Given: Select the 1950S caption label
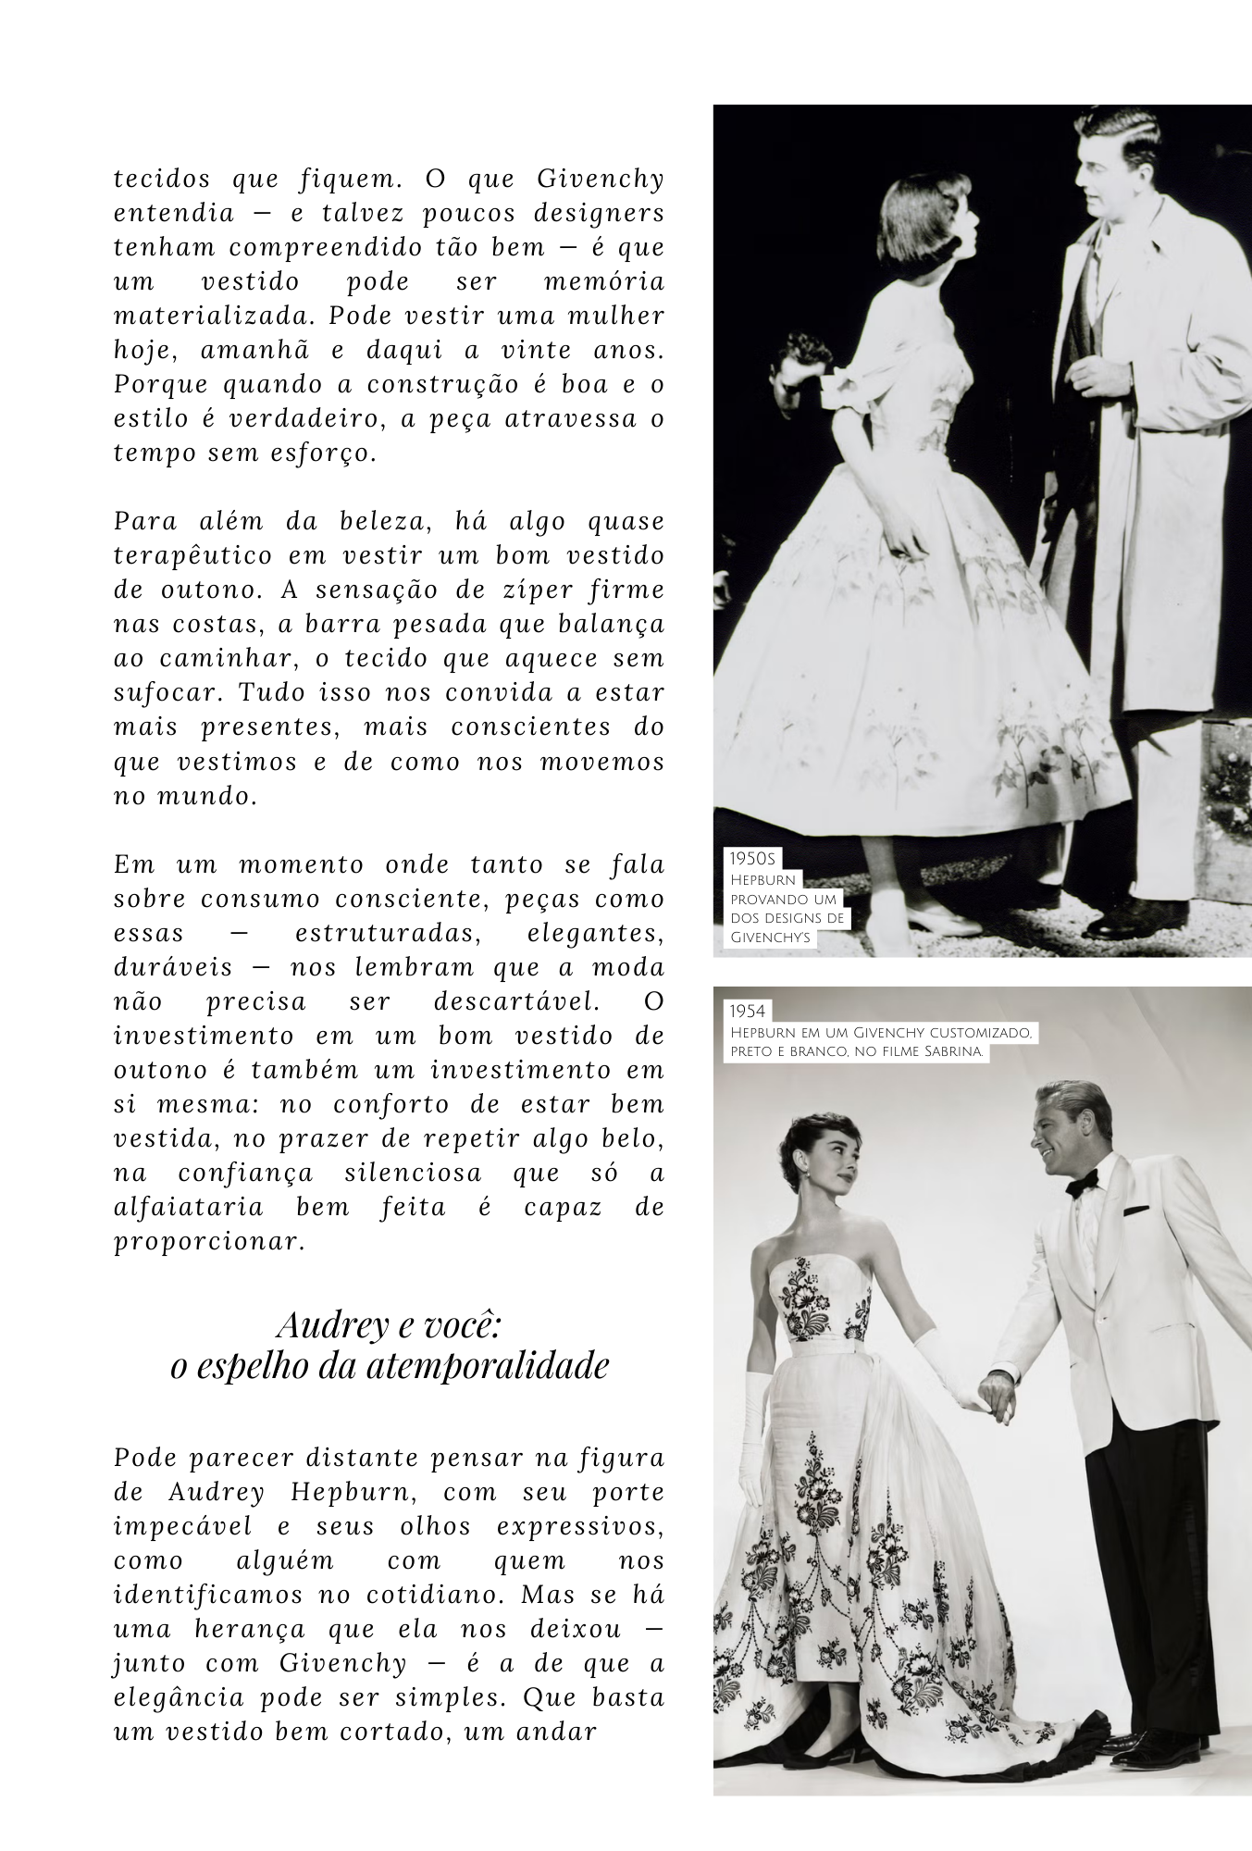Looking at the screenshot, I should [x=751, y=859].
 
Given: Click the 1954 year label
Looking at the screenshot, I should [x=749, y=1012].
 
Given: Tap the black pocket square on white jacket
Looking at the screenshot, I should [x=1140, y=1210].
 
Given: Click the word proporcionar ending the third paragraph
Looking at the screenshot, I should [x=209, y=1242].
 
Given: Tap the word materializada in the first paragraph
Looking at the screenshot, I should [x=214, y=316].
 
